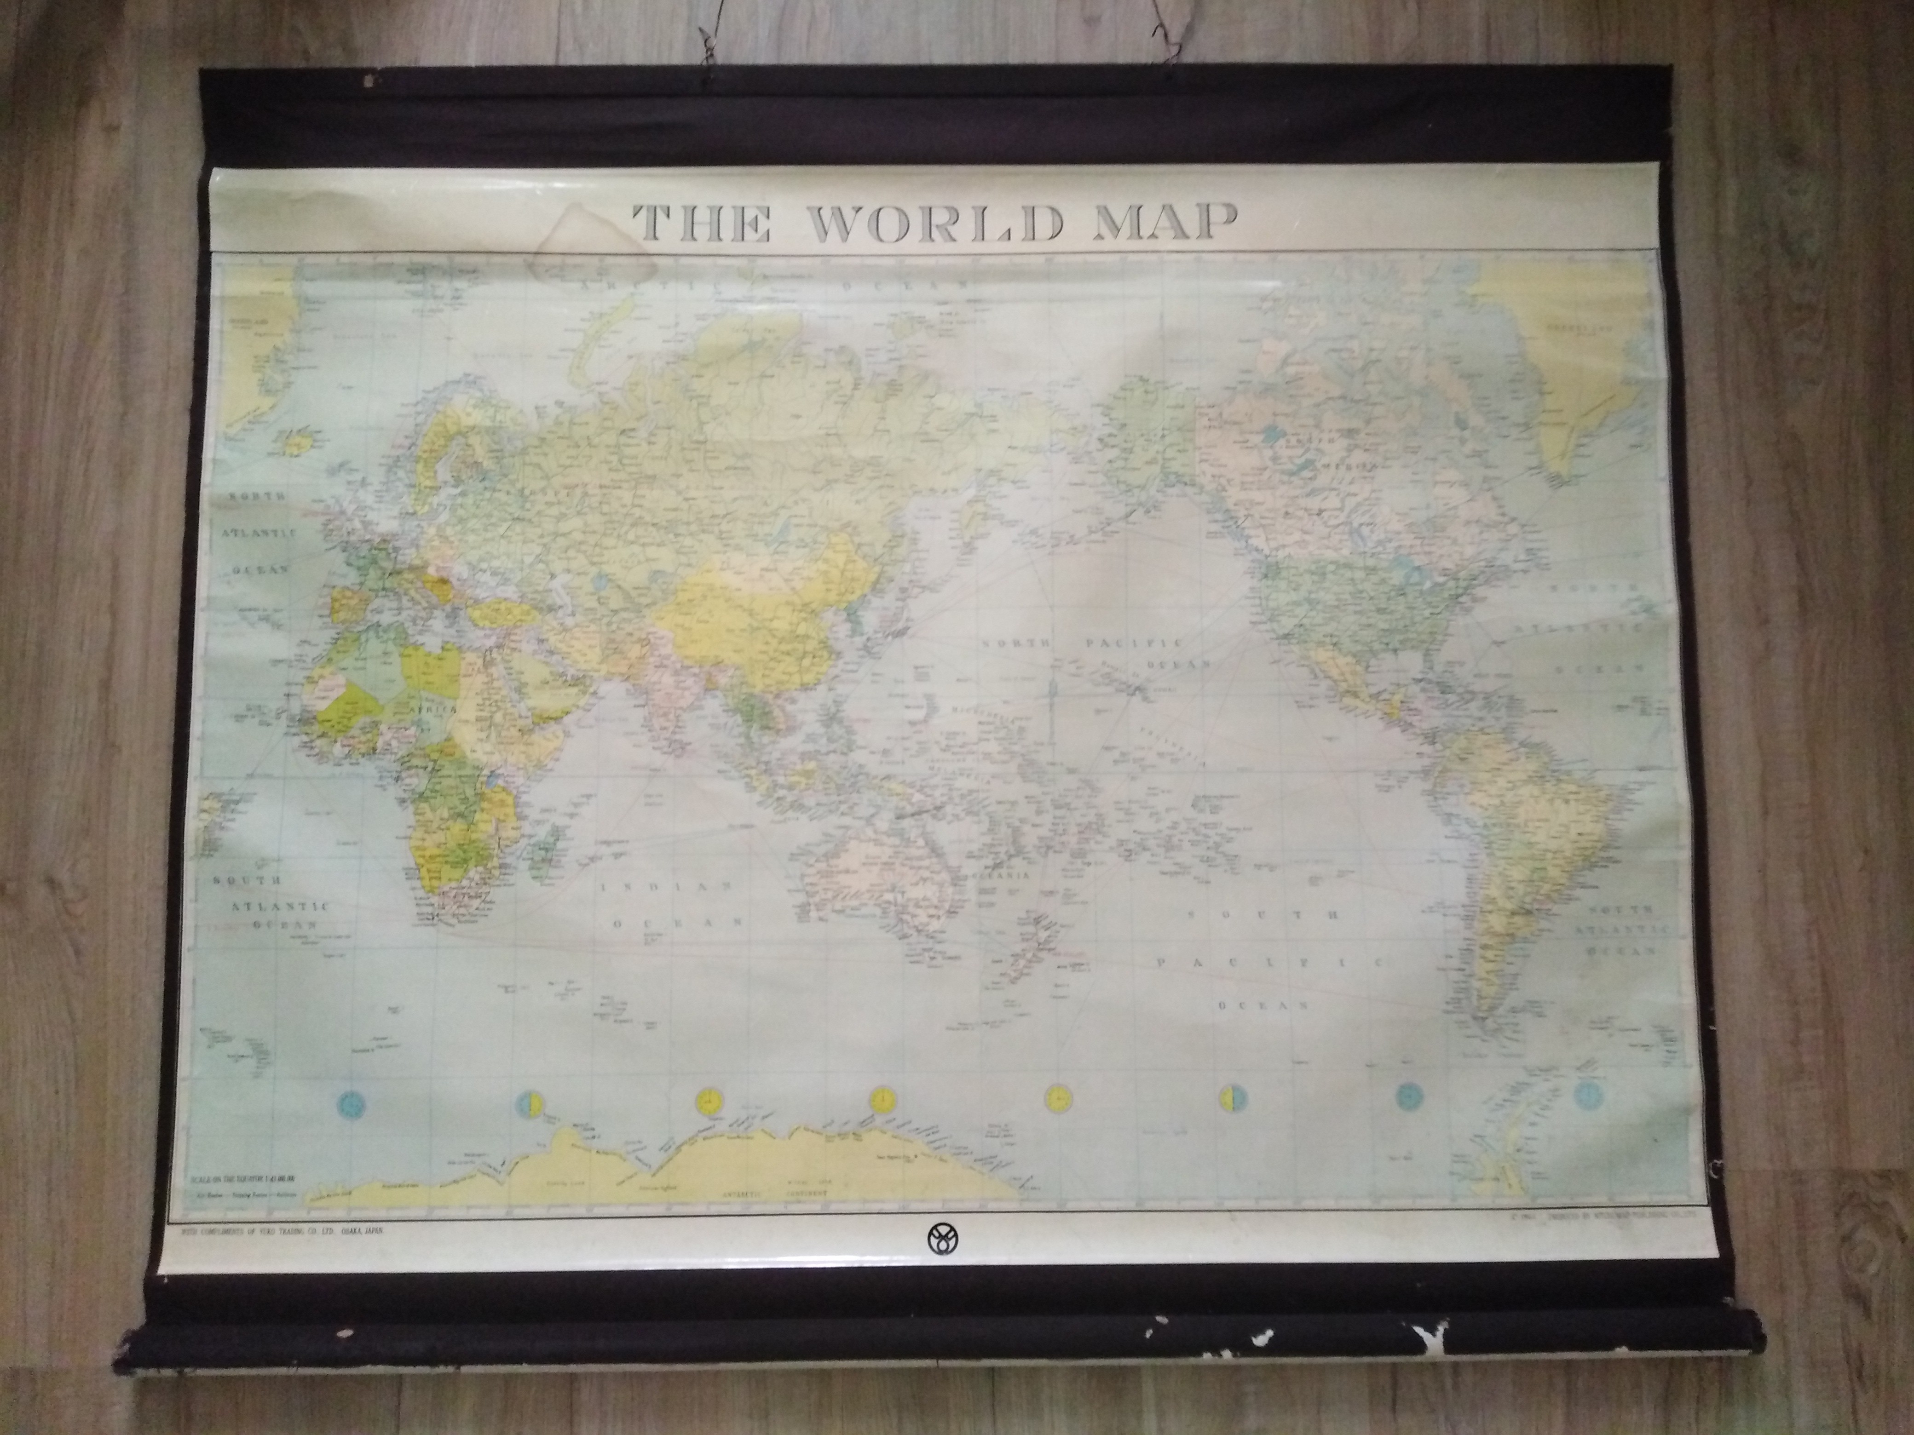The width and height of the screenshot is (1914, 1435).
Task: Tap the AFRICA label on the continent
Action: pyautogui.click(x=432, y=709)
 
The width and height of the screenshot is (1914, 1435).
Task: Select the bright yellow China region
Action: pyautogui.click(x=761, y=605)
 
